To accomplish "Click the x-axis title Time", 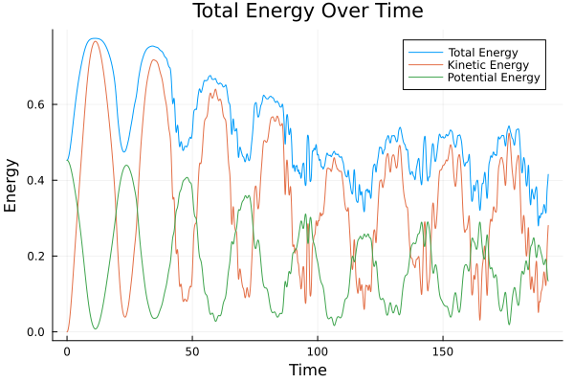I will click(x=308, y=370).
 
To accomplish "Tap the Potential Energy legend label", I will click(x=492, y=78).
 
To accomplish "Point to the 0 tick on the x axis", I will click(x=67, y=351).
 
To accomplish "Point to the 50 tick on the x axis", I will click(x=192, y=351).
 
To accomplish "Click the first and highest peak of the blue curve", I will click(x=94, y=38).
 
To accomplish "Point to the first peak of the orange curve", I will click(x=95, y=41).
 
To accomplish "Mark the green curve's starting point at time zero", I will click(x=67, y=160).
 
